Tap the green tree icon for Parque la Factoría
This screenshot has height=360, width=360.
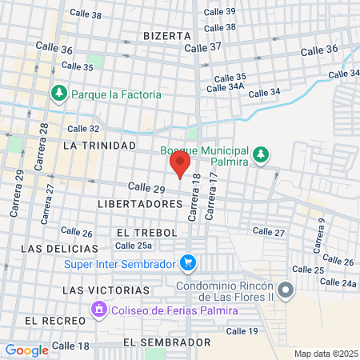59,94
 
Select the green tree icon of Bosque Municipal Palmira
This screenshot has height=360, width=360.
260,154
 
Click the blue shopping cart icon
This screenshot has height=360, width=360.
188,262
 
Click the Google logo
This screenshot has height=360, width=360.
26,350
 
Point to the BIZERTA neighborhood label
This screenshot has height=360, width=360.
167,36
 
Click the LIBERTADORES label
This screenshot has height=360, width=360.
140,204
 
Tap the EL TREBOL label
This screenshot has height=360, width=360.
144,231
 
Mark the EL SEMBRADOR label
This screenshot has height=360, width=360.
167,342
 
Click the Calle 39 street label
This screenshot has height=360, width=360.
220,12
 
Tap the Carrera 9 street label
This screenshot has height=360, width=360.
320,235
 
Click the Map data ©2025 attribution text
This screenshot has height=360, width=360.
325,353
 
